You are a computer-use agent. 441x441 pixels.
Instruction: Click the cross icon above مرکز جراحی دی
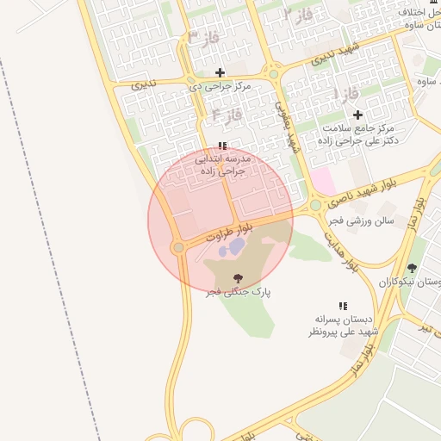(220, 72)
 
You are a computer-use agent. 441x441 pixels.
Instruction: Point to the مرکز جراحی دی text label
(220, 87)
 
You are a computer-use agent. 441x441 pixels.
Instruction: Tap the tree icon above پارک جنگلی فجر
(238, 278)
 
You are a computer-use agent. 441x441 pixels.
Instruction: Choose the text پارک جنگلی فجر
(238, 293)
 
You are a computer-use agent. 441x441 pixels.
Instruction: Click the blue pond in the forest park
(234, 248)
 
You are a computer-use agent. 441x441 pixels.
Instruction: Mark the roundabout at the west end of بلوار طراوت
(178, 248)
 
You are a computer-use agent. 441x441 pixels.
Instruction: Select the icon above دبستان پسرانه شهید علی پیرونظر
(343, 305)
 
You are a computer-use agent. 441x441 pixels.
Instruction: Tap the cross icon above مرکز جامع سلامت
(357, 115)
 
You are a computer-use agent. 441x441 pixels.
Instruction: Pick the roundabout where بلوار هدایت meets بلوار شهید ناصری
(316, 205)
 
